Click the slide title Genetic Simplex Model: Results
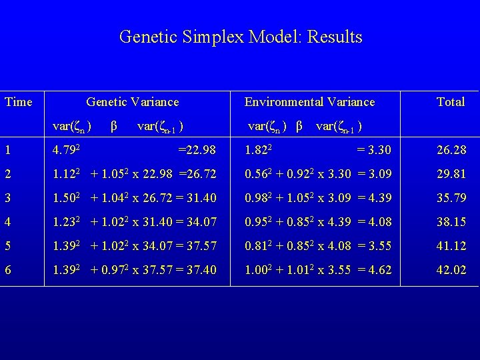coord(240,37)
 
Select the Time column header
coord(18,102)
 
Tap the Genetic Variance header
coord(133,102)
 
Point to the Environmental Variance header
coord(309,102)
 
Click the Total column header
coord(450,102)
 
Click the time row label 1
coord(7,150)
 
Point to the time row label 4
coord(7,222)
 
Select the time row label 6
coord(7,270)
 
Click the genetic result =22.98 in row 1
coord(197,150)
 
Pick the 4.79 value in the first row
coord(65,150)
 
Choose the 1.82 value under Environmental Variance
coord(256,150)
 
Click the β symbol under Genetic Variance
coord(114,125)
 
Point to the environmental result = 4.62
coord(373,270)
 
